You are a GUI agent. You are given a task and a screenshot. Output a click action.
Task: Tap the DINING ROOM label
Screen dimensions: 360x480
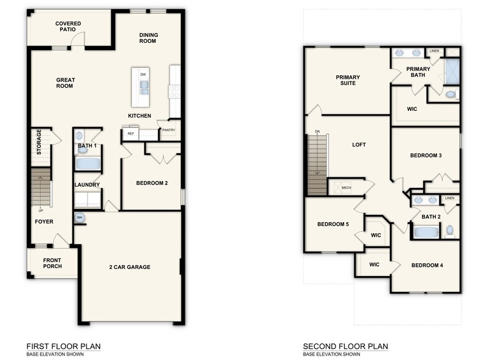[148, 38]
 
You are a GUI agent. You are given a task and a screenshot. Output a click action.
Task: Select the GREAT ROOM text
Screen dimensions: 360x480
[64, 83]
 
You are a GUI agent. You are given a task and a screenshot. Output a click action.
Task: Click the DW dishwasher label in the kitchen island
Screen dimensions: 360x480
[143, 75]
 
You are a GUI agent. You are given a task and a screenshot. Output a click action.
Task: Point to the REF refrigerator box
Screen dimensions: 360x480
[130, 133]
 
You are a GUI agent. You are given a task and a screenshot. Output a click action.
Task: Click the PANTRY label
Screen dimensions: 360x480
[168, 130]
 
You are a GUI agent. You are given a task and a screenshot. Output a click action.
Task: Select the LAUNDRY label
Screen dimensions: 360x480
[87, 184]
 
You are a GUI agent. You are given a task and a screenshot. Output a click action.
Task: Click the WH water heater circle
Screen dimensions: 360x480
[80, 217]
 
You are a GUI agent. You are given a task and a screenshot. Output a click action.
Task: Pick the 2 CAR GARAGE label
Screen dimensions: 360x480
[130, 267]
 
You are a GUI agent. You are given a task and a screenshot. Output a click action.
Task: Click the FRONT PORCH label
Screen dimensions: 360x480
[52, 264]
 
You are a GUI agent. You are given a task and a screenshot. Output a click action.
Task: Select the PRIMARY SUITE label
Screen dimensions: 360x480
[348, 80]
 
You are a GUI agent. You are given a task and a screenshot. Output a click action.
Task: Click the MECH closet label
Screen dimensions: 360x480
[346, 188]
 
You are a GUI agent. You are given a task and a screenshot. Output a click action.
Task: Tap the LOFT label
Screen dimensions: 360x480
[359, 146]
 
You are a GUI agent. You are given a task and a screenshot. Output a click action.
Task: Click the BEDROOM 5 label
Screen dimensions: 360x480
[332, 225]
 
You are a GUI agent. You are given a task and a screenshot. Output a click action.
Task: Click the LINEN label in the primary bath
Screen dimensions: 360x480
[434, 51]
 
